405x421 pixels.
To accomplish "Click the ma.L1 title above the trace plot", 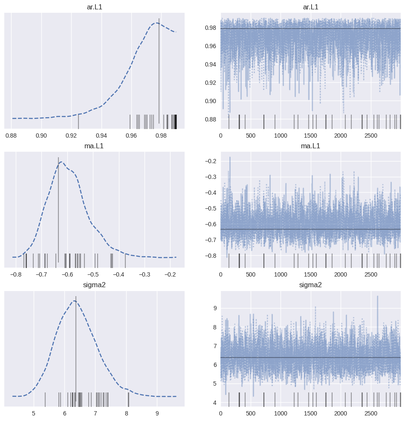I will [x=310, y=147].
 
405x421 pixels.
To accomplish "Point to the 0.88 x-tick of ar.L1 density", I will [x=11, y=136].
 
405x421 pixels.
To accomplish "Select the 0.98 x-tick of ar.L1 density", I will [x=161, y=136].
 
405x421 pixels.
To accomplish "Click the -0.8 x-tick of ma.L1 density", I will [x=16, y=275].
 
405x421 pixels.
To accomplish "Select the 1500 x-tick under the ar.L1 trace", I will [x=310, y=136].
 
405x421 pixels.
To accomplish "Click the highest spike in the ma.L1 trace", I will [x=230, y=158].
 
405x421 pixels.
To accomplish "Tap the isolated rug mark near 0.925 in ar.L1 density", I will [x=78, y=121].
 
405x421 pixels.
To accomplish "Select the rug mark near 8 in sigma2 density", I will [x=128, y=399].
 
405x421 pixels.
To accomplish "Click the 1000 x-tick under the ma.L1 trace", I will [x=281, y=275].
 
